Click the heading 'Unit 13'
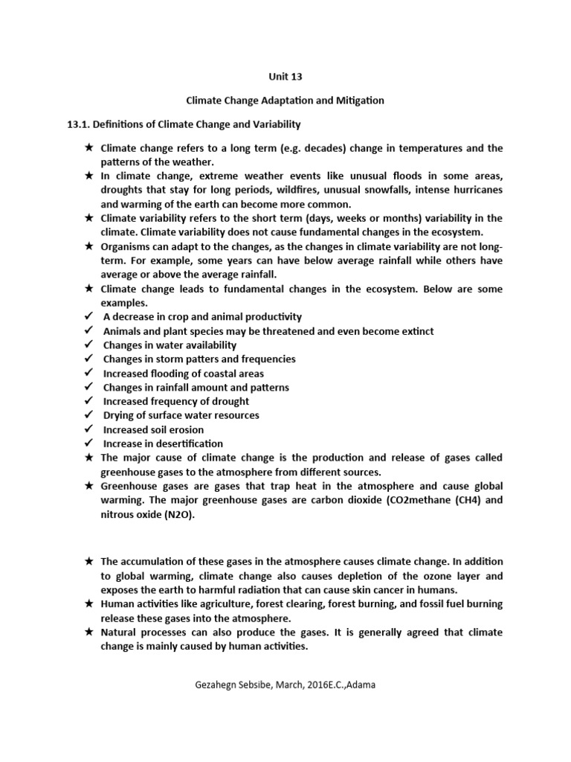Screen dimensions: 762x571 pos(285,76)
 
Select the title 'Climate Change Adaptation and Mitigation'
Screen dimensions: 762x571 pos(285,100)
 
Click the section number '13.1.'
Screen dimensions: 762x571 pos(81,124)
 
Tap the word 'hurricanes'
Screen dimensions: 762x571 pos(475,190)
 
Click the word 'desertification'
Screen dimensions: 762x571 pos(186,444)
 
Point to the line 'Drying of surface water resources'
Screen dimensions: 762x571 pos(181,415)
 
